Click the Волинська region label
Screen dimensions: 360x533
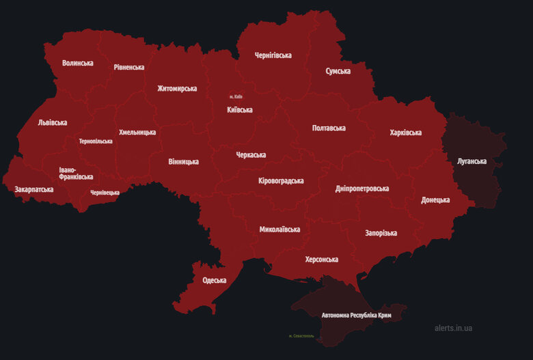[x=77, y=63]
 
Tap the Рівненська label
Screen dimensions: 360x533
[x=129, y=67]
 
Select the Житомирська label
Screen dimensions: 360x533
[x=177, y=88]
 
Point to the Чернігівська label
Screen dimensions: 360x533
[x=273, y=55]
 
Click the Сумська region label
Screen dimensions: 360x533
[x=338, y=71]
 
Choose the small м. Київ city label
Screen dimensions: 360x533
[x=236, y=97]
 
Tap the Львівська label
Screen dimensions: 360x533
[x=53, y=122]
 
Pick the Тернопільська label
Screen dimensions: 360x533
[x=96, y=141]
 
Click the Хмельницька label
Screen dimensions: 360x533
[x=137, y=132]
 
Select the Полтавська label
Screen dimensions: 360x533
[x=329, y=128]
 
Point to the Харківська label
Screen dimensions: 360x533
[x=406, y=133]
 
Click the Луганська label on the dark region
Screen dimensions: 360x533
[x=471, y=161]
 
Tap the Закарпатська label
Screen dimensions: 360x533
[x=33, y=189]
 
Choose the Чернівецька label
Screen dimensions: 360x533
[x=105, y=193]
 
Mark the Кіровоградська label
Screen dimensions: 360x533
[x=281, y=181]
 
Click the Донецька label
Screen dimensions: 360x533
[x=435, y=199]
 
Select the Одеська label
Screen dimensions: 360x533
[x=214, y=280]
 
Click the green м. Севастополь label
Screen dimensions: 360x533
[x=301, y=336]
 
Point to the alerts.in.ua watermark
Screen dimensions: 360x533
[x=453, y=328]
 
